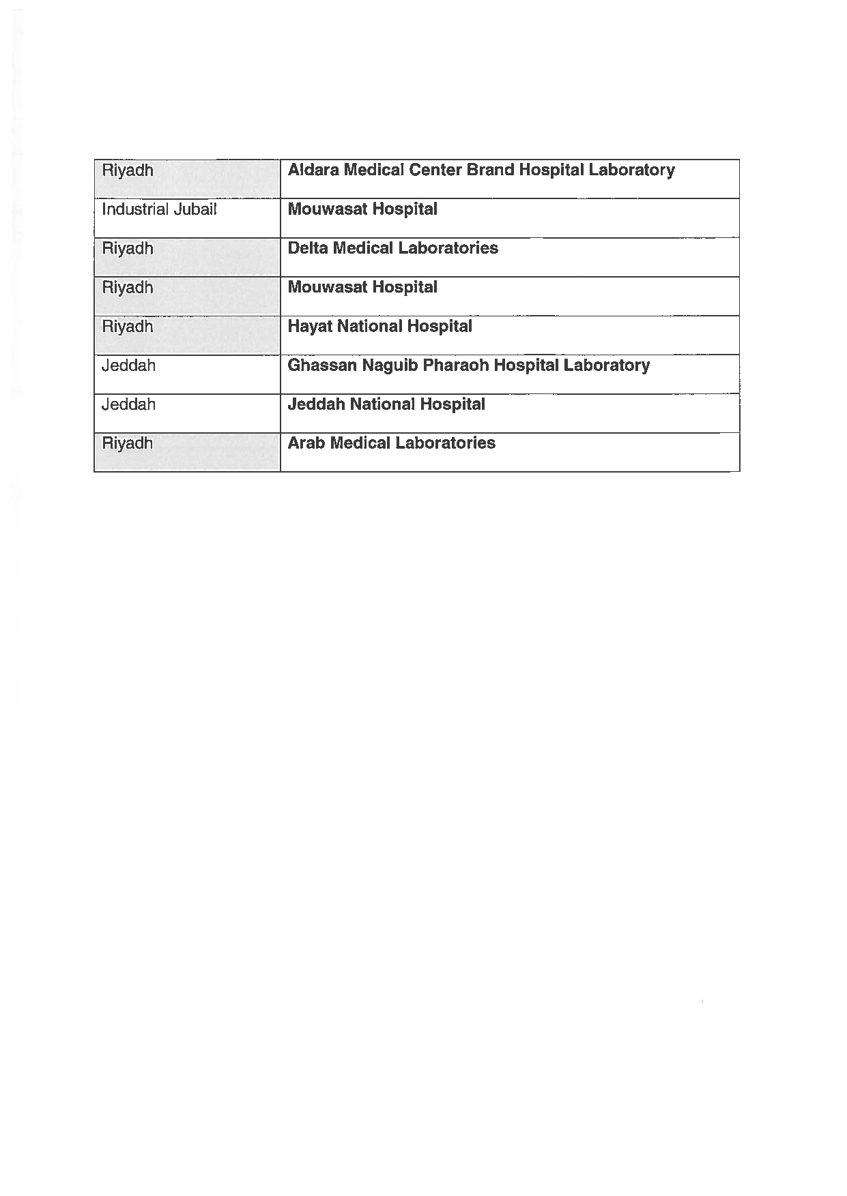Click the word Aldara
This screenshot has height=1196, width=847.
(x=313, y=170)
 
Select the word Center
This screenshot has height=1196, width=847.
(x=435, y=170)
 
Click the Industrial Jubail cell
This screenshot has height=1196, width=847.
(x=159, y=209)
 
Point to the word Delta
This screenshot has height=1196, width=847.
(x=308, y=248)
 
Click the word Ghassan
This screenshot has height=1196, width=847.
(x=321, y=365)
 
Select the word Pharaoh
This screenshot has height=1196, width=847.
(x=455, y=365)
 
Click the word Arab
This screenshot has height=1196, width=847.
(x=306, y=443)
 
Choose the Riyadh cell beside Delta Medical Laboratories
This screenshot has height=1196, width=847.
(x=128, y=248)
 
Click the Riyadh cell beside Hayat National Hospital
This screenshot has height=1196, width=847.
(x=128, y=327)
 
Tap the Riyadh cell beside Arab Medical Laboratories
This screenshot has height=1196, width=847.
(x=128, y=443)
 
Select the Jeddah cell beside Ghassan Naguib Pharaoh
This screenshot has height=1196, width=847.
(x=128, y=365)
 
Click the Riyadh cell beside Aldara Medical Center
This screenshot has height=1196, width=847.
(x=128, y=170)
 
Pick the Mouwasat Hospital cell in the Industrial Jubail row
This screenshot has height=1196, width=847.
(x=362, y=209)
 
